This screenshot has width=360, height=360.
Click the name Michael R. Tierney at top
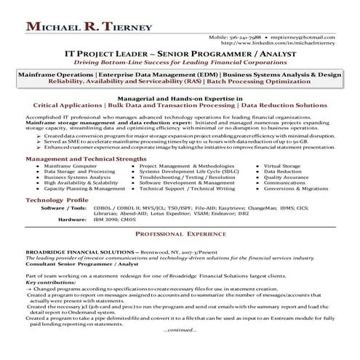click(x=89, y=27)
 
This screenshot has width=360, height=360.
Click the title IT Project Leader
click(x=119, y=54)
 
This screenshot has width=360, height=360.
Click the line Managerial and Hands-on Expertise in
click(x=180, y=97)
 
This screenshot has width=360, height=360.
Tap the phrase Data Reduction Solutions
click(x=284, y=105)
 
